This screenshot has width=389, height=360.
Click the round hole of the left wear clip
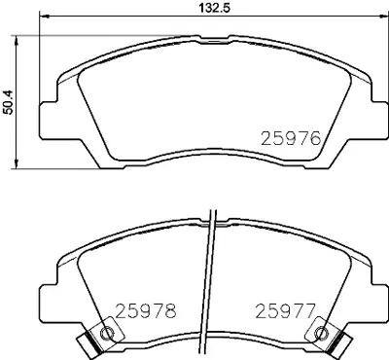coord(107,336)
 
